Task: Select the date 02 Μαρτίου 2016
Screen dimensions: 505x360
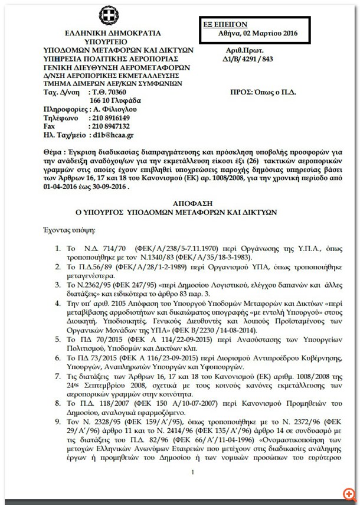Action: point(272,34)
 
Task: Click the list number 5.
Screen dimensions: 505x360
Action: point(58,341)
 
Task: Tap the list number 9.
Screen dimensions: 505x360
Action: point(58,424)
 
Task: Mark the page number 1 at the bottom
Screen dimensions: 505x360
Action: point(192,473)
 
